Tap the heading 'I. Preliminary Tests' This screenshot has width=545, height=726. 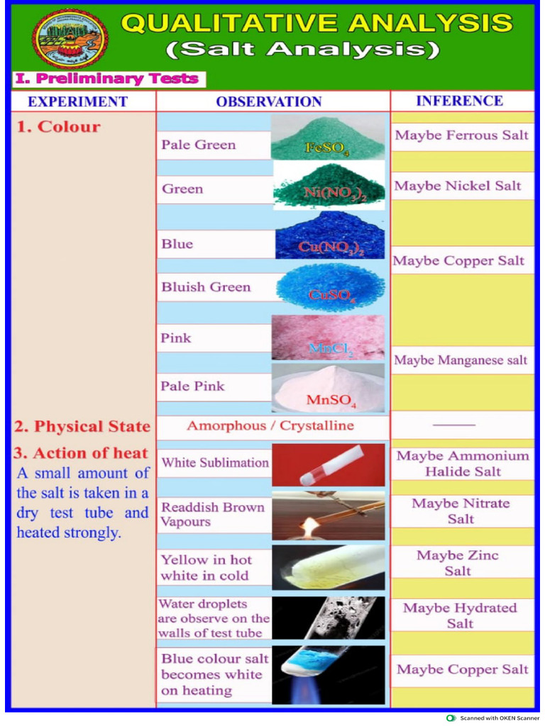[x=107, y=79]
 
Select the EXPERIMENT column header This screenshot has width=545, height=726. [x=78, y=101]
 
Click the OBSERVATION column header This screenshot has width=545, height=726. [x=269, y=101]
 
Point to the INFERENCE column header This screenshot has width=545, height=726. [x=460, y=101]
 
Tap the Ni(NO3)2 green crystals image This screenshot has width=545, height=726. [x=327, y=184]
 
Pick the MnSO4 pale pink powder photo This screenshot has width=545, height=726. [x=327, y=388]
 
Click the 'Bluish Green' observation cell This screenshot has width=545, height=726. [x=207, y=287]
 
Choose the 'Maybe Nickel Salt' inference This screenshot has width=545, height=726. [x=458, y=186]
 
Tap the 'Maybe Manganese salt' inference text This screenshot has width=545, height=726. [x=461, y=360]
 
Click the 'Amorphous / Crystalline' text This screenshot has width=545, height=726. [x=270, y=425]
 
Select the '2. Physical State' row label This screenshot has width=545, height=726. [x=82, y=426]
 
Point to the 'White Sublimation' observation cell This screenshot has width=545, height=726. [x=215, y=463]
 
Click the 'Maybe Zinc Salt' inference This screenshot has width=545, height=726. [x=458, y=563]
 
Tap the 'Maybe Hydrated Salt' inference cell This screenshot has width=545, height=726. [x=460, y=615]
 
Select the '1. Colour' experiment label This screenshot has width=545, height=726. [x=58, y=127]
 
